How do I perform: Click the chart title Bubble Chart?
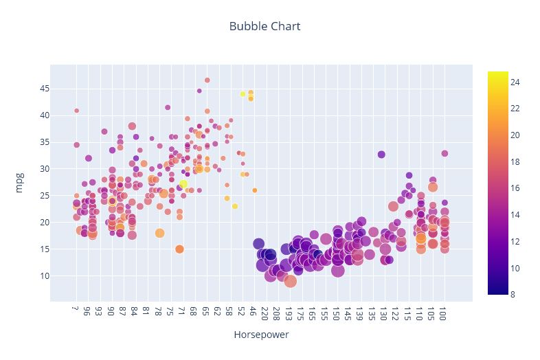[265, 27]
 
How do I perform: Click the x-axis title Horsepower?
[261, 335]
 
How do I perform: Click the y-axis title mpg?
[19, 183]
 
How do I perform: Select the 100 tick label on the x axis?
[445, 314]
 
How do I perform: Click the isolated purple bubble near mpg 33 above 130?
[381, 155]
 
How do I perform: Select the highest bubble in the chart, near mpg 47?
[207, 80]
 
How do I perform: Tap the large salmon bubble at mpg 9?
[290, 281]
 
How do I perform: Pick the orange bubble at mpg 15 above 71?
[179, 249]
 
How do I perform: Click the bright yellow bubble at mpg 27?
[183, 184]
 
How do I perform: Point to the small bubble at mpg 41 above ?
[76, 111]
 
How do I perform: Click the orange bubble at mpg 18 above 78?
[159, 233]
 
